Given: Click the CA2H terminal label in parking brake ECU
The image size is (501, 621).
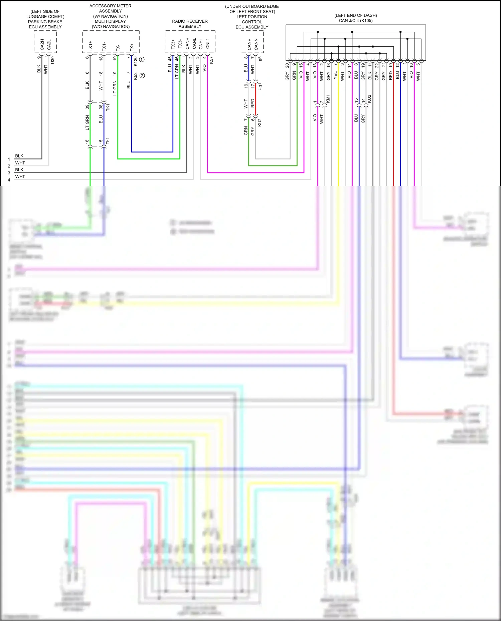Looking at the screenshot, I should pos(42,44).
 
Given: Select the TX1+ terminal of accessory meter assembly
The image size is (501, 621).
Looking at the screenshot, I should pos(90,46).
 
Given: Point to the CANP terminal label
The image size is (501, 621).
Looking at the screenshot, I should pos(249,44).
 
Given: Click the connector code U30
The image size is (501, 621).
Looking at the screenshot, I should pos(52,60).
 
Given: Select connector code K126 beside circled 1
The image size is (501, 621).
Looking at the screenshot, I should pos(135,61).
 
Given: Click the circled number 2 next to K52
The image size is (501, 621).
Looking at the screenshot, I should pos(142,76).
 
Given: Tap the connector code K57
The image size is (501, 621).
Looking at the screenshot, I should pos(211,60).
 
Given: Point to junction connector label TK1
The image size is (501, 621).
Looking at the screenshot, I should pos(108,107).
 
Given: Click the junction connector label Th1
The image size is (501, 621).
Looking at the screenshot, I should pos(108,141).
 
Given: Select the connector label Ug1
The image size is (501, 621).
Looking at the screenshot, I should pos(260,86).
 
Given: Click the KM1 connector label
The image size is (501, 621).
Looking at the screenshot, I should pos(328,98).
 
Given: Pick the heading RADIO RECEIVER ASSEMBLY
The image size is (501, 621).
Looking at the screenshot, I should pos(190,24).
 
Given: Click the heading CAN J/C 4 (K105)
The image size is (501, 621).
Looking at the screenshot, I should pos(355,21).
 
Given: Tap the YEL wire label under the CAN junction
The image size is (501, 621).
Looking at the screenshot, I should pos(335,76).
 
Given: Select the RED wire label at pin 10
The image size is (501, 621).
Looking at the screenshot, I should pos(390,76).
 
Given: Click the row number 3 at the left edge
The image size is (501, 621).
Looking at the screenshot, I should pos(9,173).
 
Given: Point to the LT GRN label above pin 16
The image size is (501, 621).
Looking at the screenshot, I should pos(87,122).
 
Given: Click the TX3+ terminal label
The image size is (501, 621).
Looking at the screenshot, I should pos(173,44).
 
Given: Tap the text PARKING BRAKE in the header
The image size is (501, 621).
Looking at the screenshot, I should pos(45,22).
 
